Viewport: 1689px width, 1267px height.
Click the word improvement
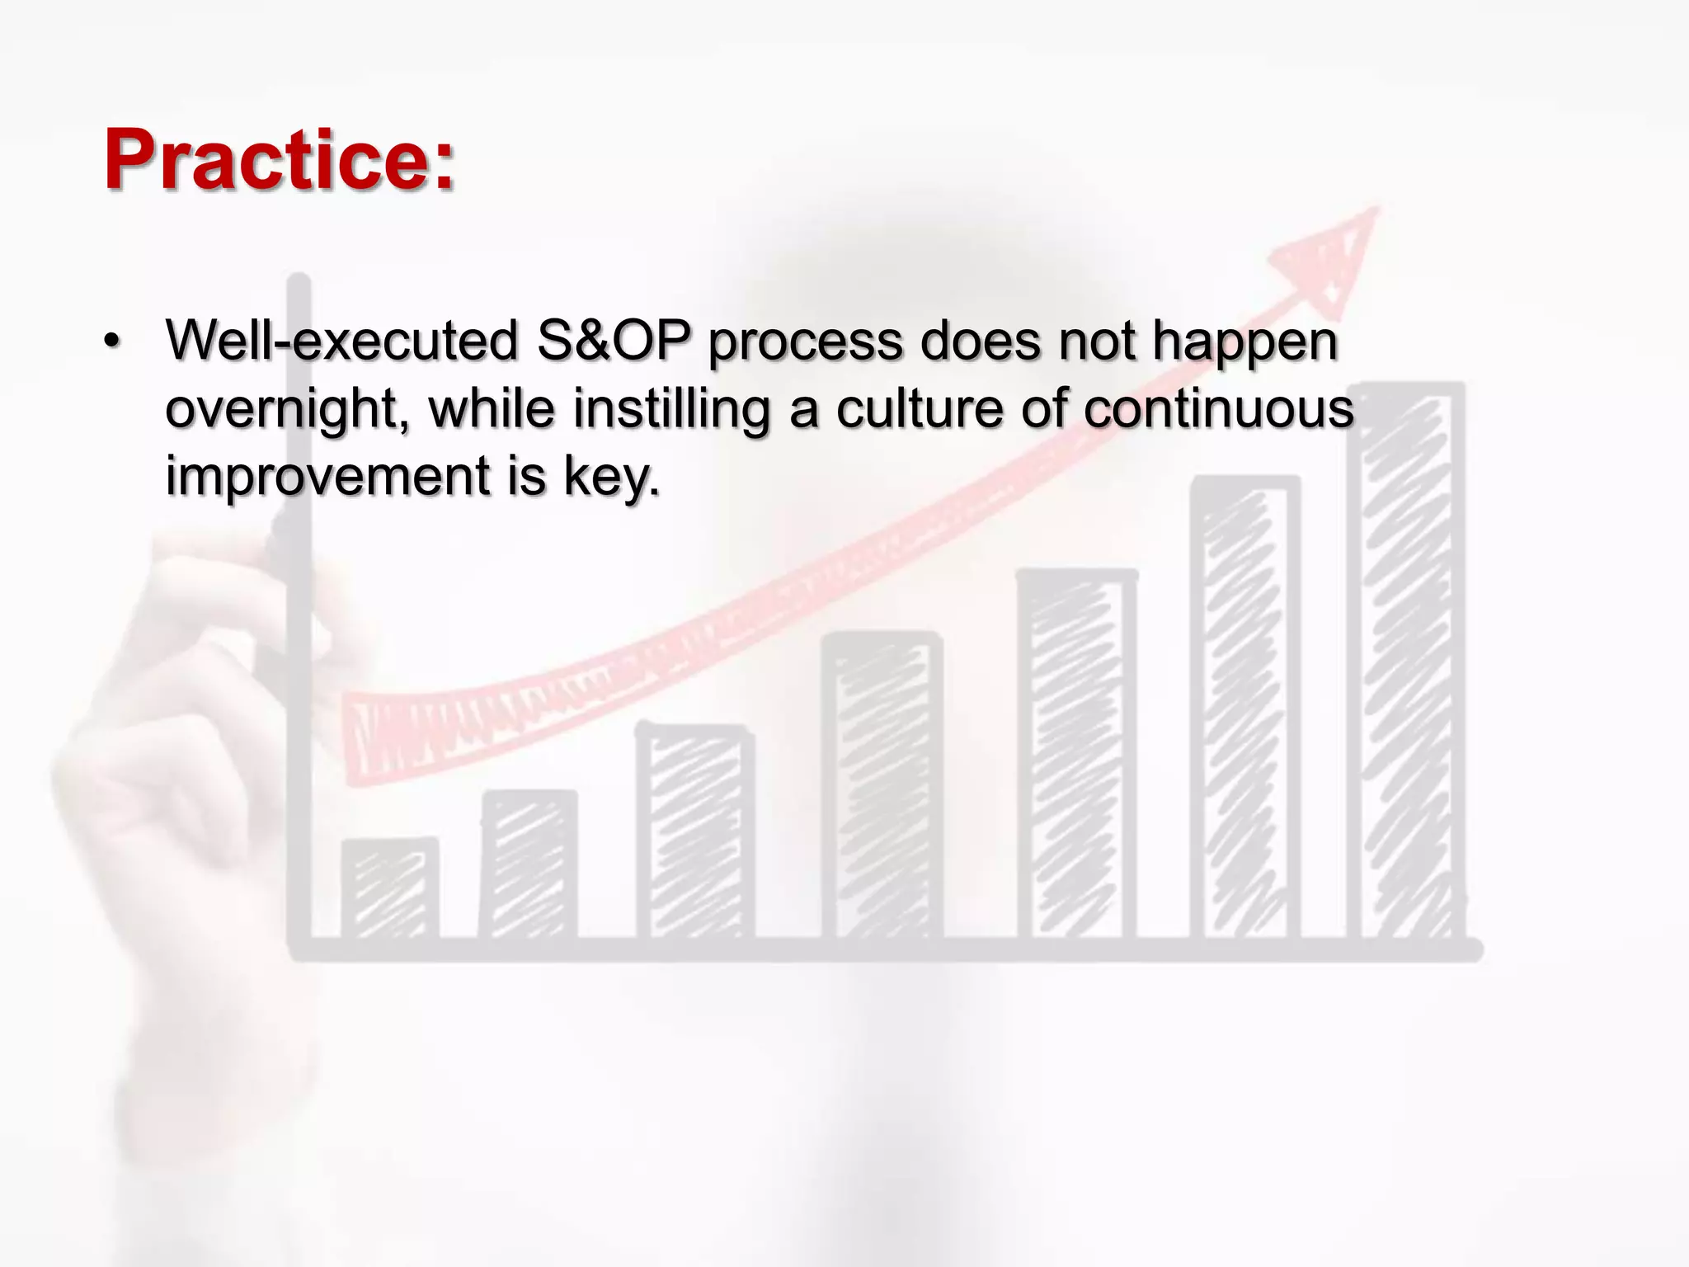[327, 476]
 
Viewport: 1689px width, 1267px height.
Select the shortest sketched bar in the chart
[389, 889]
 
